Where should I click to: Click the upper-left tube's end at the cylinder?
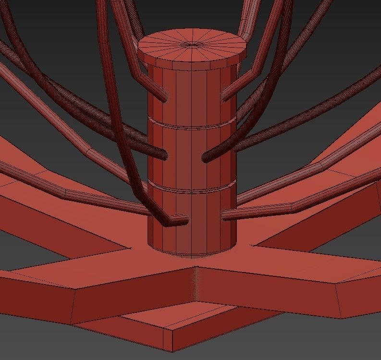coord(163,96)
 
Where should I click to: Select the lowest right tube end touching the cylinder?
coord(226,214)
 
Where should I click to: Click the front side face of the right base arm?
coord(269,293)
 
